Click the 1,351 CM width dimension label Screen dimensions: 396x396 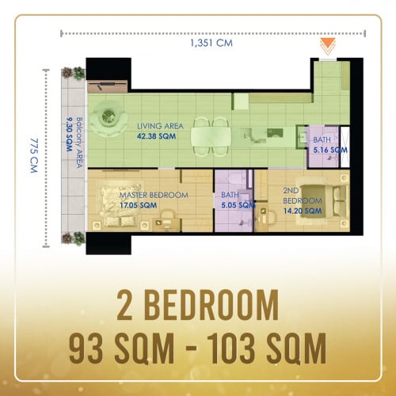(x=211, y=43)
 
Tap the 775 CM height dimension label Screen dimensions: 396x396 (x=34, y=156)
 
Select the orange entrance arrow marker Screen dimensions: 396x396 (x=328, y=47)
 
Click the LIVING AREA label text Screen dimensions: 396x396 (x=160, y=126)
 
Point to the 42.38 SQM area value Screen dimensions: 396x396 (x=156, y=136)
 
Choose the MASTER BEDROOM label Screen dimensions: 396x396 (x=154, y=195)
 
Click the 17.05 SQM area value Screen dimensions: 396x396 (x=138, y=205)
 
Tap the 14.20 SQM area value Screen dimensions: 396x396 (x=303, y=211)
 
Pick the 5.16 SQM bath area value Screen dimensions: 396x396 (x=330, y=150)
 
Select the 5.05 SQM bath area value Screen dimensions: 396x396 (x=238, y=205)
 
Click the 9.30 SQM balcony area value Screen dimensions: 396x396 (x=69, y=135)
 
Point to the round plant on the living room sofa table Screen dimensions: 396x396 (x=108, y=116)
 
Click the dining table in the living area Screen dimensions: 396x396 (x=211, y=136)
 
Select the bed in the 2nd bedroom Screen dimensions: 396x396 (x=323, y=201)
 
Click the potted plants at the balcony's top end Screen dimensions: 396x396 (x=74, y=73)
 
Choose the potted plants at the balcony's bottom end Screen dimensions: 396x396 (x=74, y=238)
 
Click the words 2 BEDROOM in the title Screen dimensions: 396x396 (x=198, y=305)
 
